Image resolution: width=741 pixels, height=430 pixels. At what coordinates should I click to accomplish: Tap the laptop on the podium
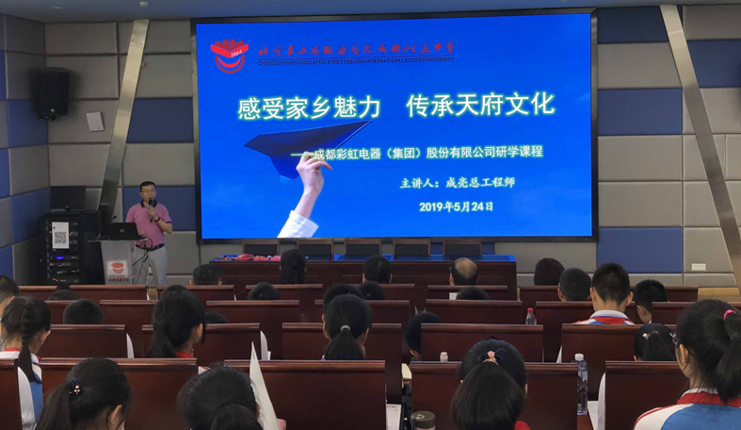click(121, 230)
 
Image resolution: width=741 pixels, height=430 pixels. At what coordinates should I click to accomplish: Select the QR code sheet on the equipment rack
click(59, 234)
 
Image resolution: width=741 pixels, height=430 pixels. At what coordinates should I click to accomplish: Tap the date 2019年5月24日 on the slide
click(456, 206)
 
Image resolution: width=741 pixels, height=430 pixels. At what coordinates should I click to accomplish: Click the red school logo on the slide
click(229, 55)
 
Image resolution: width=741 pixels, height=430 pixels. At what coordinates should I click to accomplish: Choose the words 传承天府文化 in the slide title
click(480, 105)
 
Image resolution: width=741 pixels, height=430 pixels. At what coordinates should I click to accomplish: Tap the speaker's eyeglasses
click(148, 192)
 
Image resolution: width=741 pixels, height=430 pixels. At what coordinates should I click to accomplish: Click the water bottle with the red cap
click(530, 316)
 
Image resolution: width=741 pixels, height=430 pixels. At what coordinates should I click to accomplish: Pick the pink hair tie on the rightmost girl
click(728, 314)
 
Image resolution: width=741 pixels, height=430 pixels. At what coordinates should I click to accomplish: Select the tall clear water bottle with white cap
click(581, 384)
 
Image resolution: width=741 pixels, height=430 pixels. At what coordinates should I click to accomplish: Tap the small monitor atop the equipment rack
click(68, 197)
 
